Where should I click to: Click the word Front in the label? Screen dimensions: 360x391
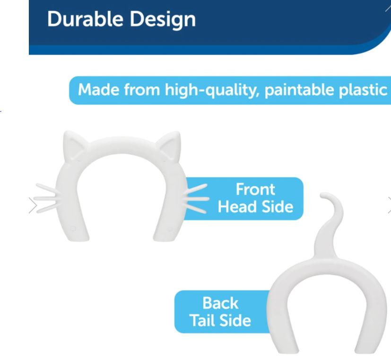(255, 189)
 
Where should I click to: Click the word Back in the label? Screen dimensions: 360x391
(220, 303)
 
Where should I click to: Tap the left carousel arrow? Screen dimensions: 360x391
(33, 205)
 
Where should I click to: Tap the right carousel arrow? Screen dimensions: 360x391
(389, 205)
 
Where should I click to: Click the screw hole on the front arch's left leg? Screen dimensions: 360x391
(73, 228)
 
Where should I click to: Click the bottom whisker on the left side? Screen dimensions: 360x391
(47, 209)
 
